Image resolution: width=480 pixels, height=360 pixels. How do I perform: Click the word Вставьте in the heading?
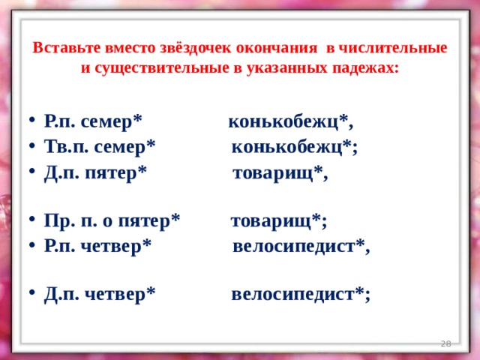[67, 48]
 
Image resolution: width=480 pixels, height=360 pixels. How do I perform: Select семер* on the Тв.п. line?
[124, 147]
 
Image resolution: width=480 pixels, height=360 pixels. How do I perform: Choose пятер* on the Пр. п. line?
[149, 221]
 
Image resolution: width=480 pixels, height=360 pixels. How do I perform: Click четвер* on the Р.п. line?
[116, 245]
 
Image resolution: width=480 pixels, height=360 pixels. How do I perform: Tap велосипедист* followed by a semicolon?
[298, 294]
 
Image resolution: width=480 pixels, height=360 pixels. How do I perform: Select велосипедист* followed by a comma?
[298, 245]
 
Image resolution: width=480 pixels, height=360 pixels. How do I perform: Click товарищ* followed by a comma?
[277, 173]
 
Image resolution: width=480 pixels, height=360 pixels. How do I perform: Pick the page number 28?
[445, 343]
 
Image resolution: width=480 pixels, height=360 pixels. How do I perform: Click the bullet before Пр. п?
[32, 220]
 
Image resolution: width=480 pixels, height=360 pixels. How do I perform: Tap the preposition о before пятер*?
[107, 222]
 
